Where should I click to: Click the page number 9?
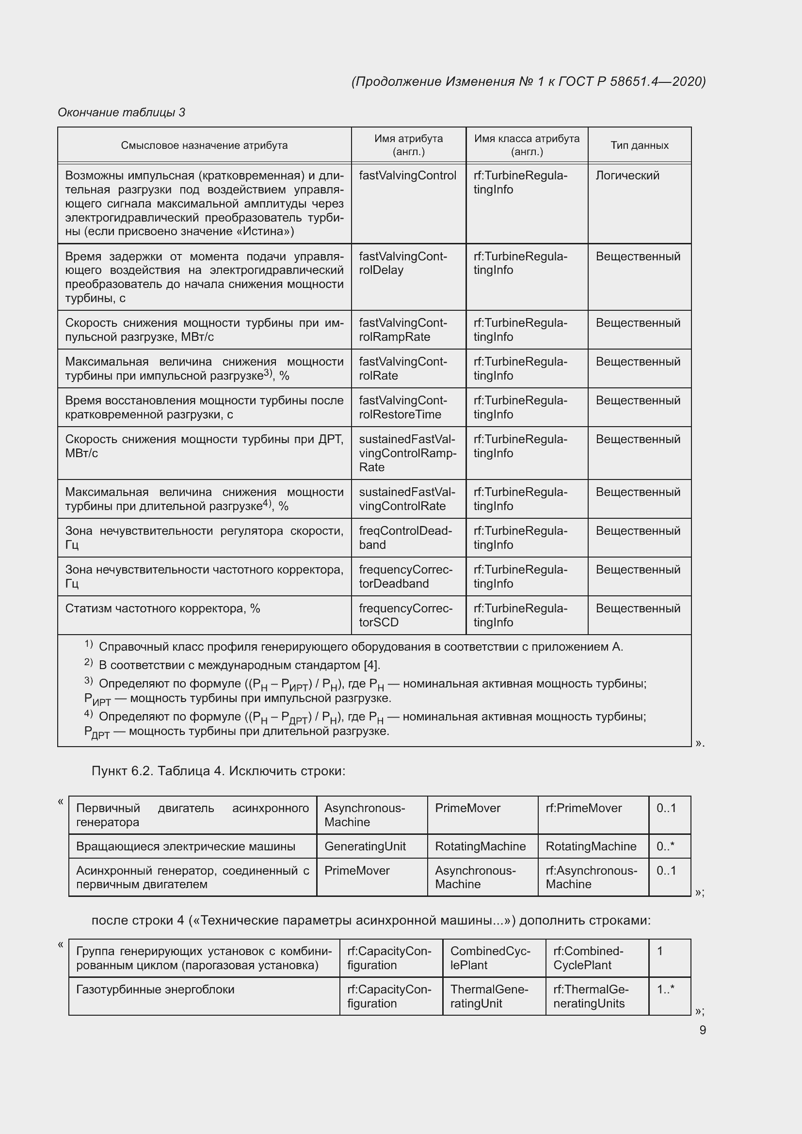(702, 1030)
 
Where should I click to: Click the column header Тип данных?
(639, 145)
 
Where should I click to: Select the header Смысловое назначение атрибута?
(204, 145)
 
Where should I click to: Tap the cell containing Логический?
(627, 176)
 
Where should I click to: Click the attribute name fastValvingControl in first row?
(407, 176)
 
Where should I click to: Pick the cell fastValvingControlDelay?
(402, 263)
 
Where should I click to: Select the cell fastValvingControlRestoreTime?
(402, 407)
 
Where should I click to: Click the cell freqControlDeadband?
(405, 538)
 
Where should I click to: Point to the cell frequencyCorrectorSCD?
(405, 615)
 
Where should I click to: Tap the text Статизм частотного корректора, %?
(162, 608)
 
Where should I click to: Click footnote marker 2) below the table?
(88, 662)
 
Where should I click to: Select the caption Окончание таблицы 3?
(122, 112)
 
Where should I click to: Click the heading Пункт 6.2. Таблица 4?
(218, 771)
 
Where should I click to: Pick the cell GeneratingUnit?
(365, 846)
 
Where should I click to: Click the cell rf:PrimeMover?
(583, 808)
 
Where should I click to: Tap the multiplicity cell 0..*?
(665, 846)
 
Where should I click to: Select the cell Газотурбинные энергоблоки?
(155, 990)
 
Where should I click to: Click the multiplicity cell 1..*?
(665, 990)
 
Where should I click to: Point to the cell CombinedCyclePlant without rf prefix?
(489, 958)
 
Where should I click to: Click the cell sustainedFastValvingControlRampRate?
(407, 453)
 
